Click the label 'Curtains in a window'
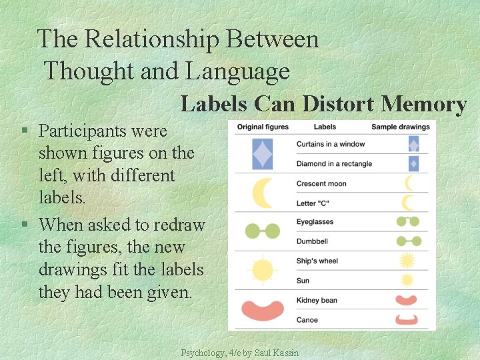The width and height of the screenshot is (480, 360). (330, 144)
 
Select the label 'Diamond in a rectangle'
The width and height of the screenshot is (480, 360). (334, 164)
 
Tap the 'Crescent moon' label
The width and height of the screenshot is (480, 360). (321, 183)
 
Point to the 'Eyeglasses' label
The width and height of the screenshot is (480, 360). (315, 222)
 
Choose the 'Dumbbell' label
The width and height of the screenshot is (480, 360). (312, 241)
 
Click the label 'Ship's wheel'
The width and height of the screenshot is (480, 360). (317, 261)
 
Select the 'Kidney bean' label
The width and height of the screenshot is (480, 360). (317, 300)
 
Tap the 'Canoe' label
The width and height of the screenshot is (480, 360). (307, 320)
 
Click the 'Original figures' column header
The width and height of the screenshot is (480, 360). (263, 127)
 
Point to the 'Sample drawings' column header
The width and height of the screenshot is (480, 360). (400, 127)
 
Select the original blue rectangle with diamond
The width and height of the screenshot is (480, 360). (263, 154)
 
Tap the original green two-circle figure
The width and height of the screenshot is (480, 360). (263, 231)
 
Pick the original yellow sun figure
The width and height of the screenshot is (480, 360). (262, 270)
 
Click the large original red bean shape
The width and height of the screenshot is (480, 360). (263, 310)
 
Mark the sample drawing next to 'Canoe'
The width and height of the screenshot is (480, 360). (406, 320)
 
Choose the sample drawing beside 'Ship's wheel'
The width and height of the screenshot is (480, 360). (407, 261)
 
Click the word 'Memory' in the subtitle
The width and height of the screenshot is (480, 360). (423, 105)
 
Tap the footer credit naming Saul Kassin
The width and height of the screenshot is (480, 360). (240, 353)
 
